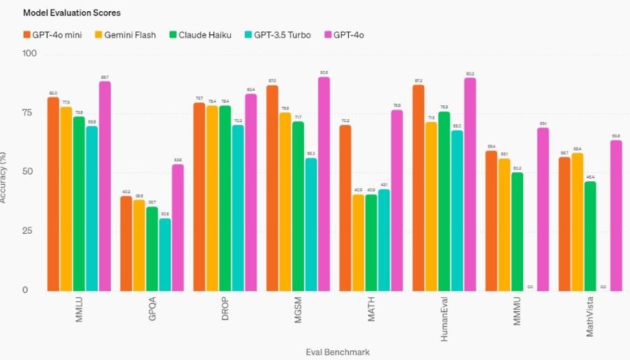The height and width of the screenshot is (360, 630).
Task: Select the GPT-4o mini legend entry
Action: coord(52,34)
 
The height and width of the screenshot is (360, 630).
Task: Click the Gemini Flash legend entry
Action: coord(126,34)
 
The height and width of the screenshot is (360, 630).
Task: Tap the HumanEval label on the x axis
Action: coord(444,318)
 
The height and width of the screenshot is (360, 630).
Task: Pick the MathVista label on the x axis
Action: coord(590,319)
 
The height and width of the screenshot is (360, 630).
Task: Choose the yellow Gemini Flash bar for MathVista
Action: coord(578,221)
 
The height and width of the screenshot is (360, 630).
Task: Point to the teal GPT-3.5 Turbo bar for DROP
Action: coord(238,207)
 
